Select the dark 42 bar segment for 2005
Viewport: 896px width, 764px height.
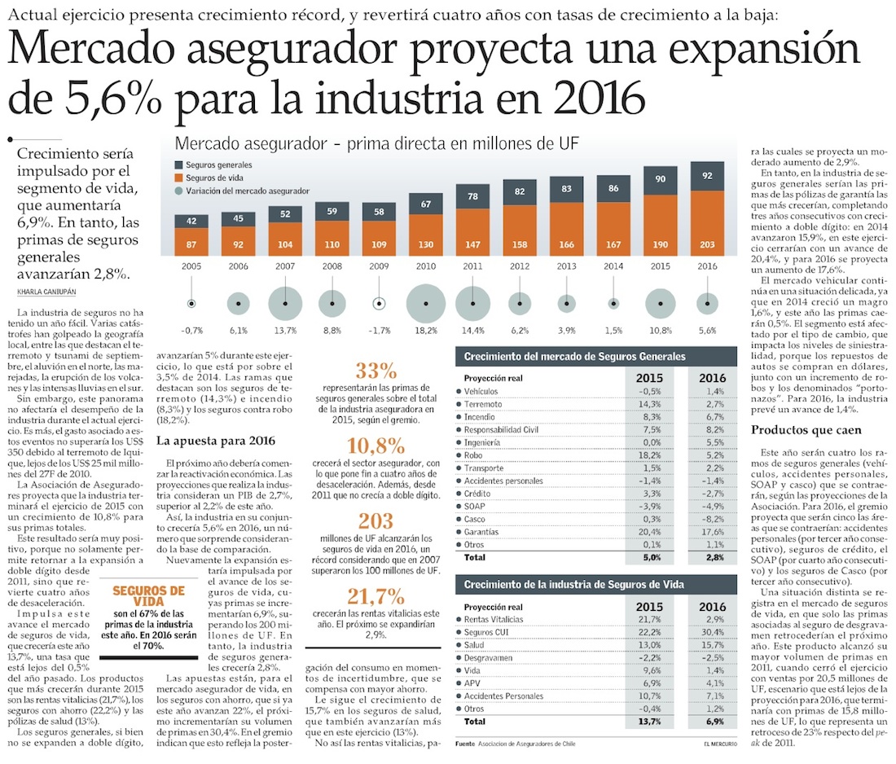[x=191, y=221]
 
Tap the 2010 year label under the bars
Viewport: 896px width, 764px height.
[x=424, y=266]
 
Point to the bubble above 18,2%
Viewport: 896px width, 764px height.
[x=425, y=304]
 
